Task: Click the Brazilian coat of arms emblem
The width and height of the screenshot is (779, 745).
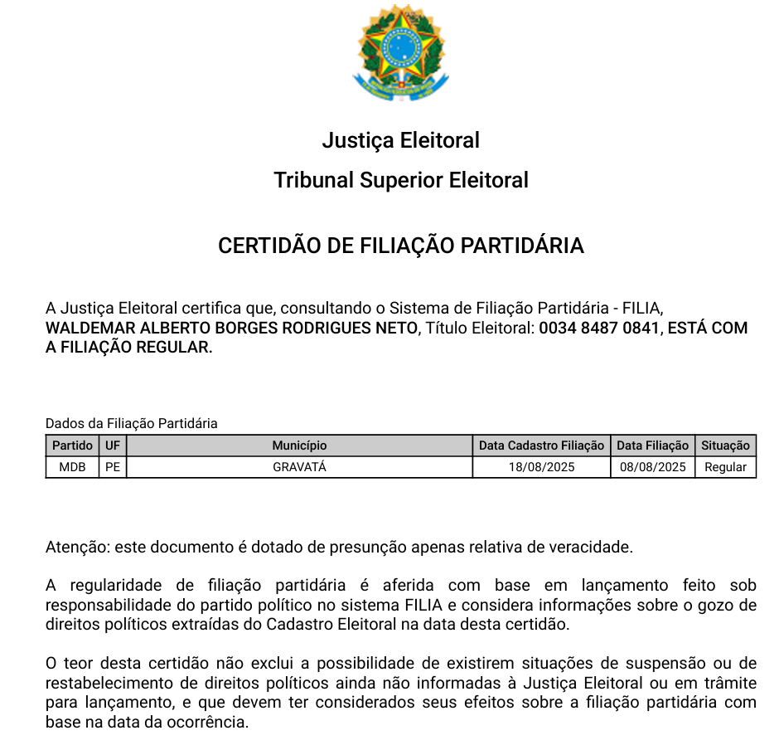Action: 401,52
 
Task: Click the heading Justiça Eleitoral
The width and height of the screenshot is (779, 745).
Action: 401,140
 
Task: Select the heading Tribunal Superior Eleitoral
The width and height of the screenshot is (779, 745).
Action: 401,180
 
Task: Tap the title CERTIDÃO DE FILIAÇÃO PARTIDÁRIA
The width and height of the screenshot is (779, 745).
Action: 401,246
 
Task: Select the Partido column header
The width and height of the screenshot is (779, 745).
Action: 73,446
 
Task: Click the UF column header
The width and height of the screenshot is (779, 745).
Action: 113,446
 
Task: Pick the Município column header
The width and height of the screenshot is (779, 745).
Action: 299,446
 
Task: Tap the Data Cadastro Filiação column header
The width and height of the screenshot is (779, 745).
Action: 541,446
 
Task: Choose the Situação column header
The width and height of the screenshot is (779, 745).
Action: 725,446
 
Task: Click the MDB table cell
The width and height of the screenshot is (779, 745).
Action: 73,467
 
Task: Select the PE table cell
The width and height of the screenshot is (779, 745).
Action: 113,467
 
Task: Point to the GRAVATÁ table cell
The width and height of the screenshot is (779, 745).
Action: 299,467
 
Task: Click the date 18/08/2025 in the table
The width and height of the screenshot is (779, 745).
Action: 541,467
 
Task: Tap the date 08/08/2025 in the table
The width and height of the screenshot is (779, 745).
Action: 653,467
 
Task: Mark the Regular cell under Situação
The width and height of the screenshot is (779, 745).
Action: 725,467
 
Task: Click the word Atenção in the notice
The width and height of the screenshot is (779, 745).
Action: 76,548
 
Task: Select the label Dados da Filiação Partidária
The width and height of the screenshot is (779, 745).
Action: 131,424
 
